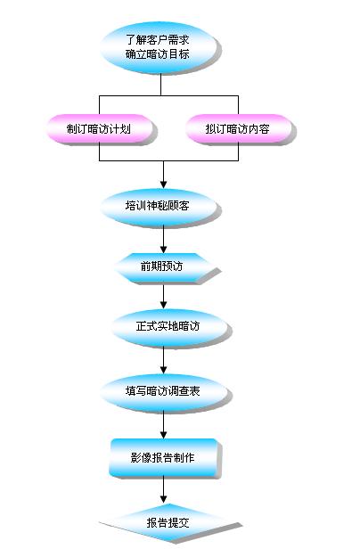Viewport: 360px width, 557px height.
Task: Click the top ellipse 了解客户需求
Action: click(x=159, y=47)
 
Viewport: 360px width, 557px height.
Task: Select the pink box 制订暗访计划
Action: click(x=99, y=128)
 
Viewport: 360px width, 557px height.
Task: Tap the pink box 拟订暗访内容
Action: click(x=238, y=128)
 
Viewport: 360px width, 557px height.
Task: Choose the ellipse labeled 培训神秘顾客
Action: click(x=159, y=207)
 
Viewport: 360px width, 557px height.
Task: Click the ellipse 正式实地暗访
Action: click(x=169, y=327)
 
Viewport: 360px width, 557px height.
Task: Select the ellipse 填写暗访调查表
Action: click(x=163, y=391)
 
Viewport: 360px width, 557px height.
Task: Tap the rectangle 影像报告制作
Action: click(x=163, y=457)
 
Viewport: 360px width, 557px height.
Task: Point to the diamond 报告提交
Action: click(x=168, y=523)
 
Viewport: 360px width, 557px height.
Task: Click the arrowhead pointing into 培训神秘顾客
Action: click(x=163, y=184)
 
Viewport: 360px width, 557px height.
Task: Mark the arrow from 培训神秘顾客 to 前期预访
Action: click(x=163, y=239)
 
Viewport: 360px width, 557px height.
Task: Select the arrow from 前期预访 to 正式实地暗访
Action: click(x=163, y=296)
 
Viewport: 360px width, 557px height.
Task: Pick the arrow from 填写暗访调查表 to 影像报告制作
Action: click(x=163, y=424)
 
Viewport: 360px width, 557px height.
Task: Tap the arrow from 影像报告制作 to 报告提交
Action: click(x=163, y=489)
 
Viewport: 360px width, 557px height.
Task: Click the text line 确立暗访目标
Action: click(x=158, y=54)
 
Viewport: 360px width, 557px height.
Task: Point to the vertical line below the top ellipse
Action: click(x=160, y=84)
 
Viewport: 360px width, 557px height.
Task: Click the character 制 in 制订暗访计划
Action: click(x=72, y=129)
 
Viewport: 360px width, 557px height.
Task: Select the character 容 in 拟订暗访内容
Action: click(x=265, y=129)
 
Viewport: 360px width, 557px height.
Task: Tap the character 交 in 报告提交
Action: click(x=184, y=523)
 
